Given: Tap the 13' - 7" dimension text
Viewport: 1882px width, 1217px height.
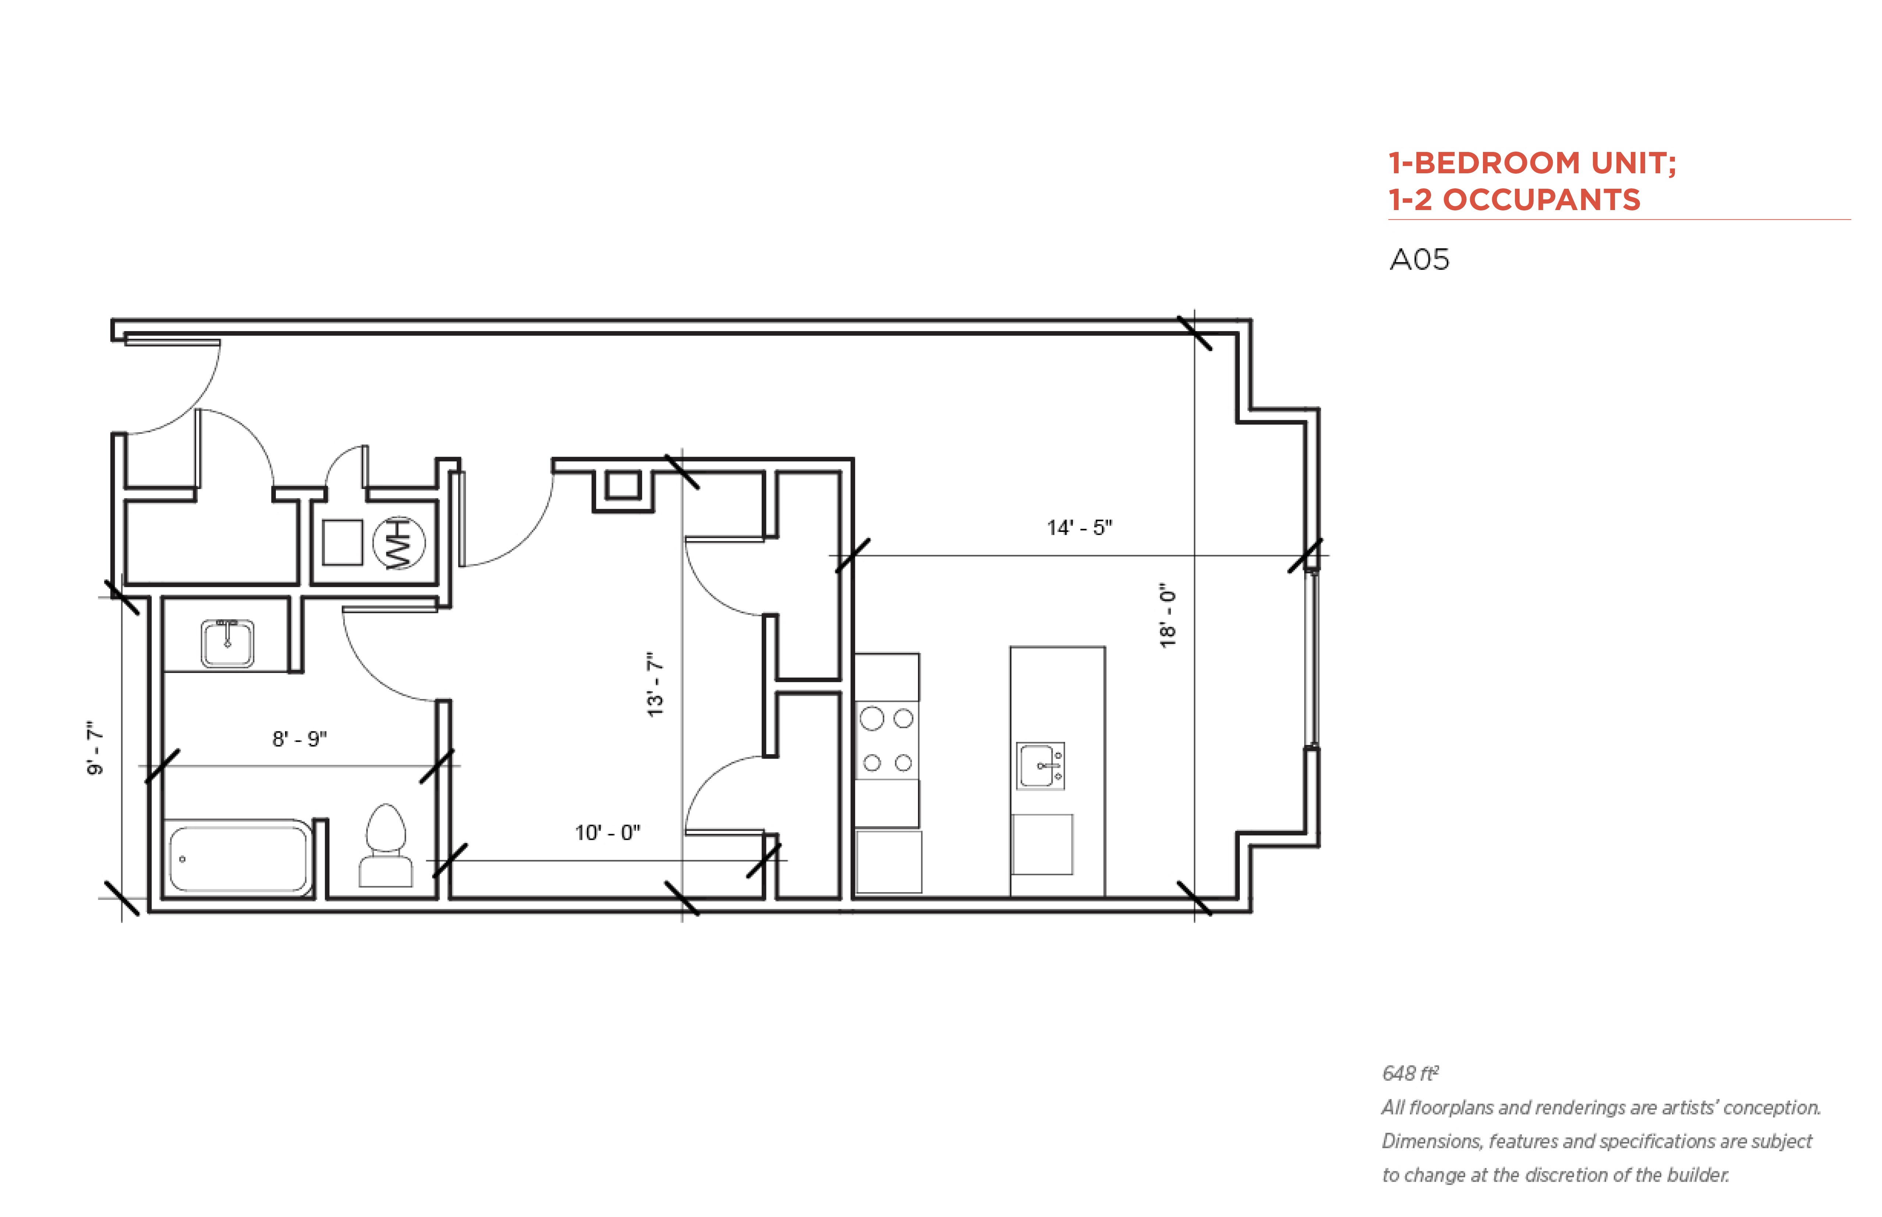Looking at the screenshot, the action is (655, 684).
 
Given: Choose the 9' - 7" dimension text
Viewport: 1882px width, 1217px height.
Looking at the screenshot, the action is (95, 748).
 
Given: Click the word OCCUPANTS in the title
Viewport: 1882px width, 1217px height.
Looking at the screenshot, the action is (1541, 200).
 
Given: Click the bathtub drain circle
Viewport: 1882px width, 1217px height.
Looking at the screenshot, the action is (182, 859).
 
